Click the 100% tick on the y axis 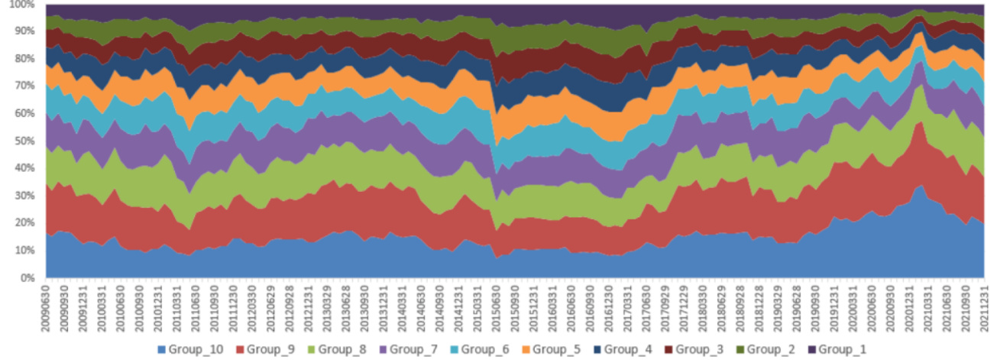(x=21, y=5)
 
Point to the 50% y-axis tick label (x=24, y=141)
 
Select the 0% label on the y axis (x=27, y=278)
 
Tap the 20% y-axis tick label (x=24, y=223)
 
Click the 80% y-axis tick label (x=24, y=60)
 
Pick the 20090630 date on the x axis (x=47, y=307)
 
